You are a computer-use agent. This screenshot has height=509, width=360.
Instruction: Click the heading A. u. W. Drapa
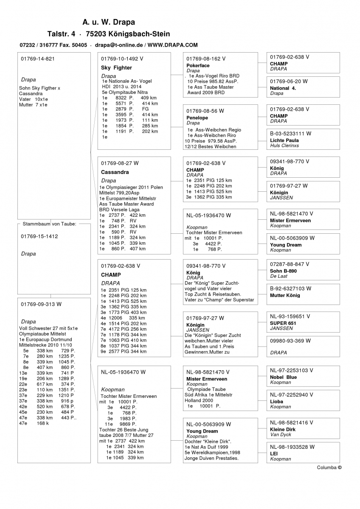[109, 22]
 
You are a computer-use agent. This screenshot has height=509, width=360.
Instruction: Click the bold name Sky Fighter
[116, 68]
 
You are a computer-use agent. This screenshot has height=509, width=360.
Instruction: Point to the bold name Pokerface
[198, 66]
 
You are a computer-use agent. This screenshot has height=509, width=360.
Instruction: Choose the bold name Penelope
[197, 118]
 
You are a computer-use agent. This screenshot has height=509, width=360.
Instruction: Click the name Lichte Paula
[284, 140]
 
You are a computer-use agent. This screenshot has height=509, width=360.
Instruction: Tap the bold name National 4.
[283, 88]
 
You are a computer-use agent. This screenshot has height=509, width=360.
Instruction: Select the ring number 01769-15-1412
[39, 237]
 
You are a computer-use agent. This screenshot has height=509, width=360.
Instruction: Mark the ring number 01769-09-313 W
[41, 304]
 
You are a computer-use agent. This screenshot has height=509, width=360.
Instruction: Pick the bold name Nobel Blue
[283, 377]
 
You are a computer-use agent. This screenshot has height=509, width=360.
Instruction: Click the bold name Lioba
[276, 401]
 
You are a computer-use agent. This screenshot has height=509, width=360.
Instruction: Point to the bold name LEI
[274, 453]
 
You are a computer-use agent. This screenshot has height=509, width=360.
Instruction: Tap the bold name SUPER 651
[283, 323]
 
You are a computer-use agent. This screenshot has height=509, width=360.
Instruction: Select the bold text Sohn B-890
[283, 271]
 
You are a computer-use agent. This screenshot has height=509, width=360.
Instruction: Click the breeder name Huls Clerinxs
[284, 145]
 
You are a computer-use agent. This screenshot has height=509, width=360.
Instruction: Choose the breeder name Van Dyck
[280, 434]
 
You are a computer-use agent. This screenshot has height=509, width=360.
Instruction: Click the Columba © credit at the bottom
[329, 467]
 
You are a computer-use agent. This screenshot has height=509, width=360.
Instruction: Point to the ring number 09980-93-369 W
[290, 341]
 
